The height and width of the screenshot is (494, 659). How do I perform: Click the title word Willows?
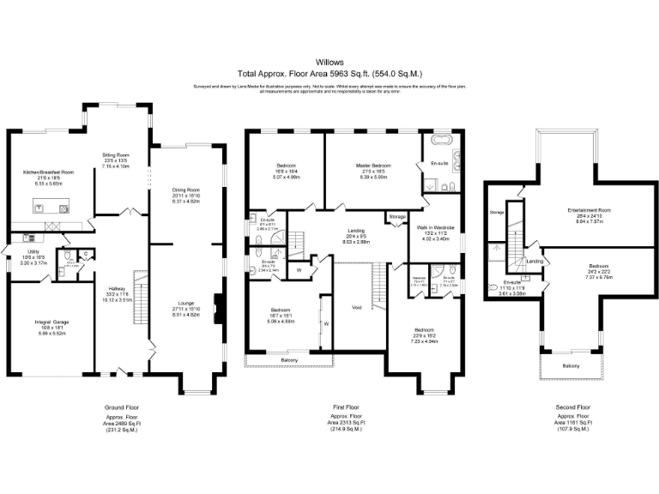click(x=329, y=63)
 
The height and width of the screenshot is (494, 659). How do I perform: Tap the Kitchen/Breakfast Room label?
click(x=48, y=172)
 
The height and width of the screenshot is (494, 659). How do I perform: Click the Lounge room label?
click(x=186, y=303)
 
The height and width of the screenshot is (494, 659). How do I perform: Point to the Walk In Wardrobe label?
click(x=434, y=228)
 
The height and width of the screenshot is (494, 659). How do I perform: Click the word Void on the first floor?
click(x=356, y=306)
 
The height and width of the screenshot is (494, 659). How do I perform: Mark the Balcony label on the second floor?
click(x=571, y=367)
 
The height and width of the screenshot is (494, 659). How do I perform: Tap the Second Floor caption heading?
click(x=568, y=407)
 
